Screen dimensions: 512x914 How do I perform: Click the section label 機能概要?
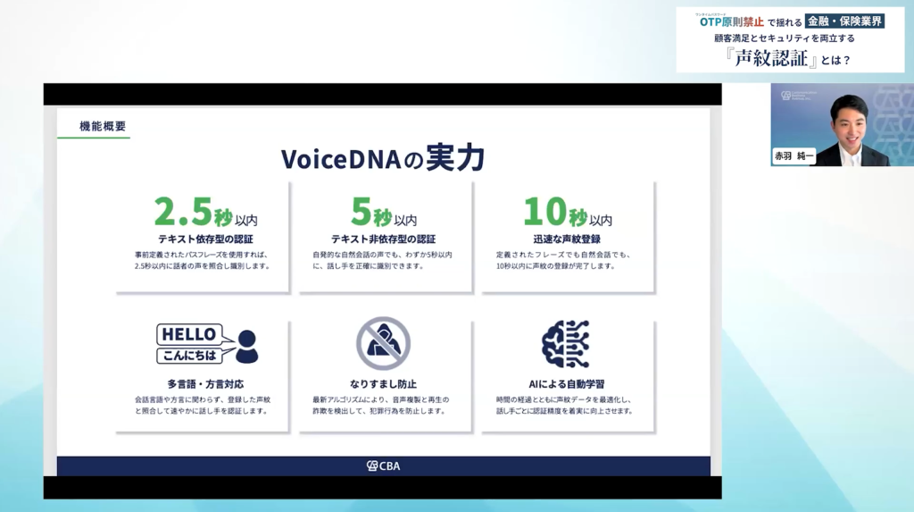[103, 127]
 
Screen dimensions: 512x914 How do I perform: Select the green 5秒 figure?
[371, 213]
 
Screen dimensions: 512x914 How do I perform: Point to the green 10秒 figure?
[554, 213]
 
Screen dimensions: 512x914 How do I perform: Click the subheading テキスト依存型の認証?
[205, 239]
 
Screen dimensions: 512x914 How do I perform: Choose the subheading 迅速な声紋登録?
[568, 239]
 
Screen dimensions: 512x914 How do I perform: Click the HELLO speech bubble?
[188, 334]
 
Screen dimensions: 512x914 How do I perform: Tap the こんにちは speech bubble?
[189, 356]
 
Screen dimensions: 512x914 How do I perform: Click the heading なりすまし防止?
[383, 384]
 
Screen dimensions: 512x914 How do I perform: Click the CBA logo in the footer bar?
[384, 466]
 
